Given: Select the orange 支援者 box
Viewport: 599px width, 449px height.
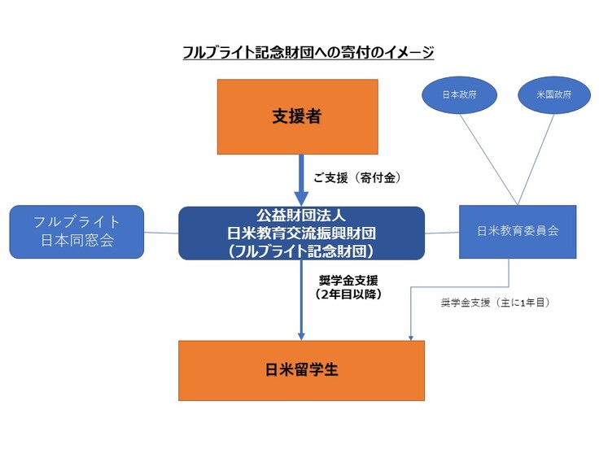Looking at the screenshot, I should (x=297, y=116).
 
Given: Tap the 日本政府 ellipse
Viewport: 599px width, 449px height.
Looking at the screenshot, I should (x=459, y=94).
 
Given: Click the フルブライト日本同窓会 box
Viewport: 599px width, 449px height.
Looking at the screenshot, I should (x=77, y=231).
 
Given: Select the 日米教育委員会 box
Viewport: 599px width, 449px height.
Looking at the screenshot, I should (x=518, y=231).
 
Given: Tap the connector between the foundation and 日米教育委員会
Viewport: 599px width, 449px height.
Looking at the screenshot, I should (x=442, y=233).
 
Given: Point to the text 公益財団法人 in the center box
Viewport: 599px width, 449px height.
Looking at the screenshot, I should (x=301, y=216).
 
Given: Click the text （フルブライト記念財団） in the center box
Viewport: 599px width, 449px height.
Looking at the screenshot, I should (x=301, y=249).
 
